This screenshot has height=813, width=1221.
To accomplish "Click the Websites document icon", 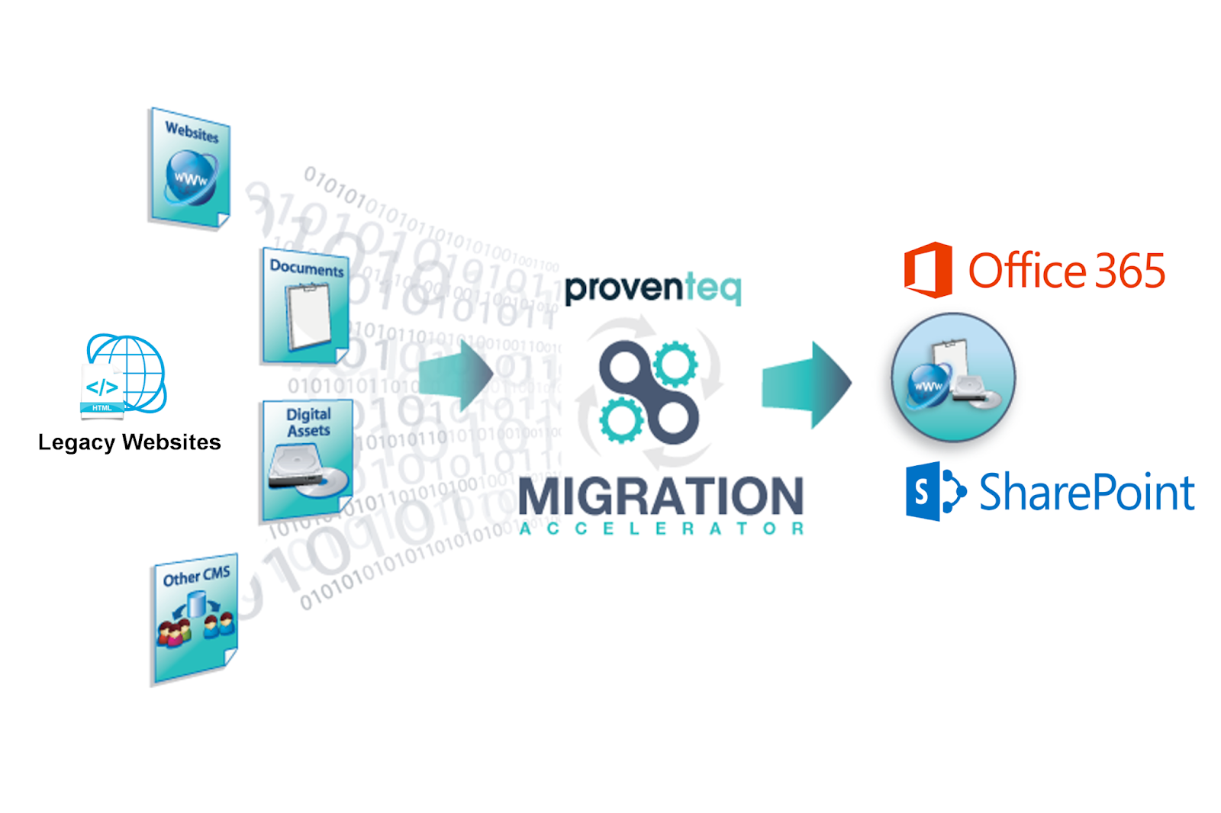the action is tap(189, 169).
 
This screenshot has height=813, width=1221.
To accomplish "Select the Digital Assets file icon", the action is tap(308, 459).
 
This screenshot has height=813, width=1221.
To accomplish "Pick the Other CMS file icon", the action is tap(195, 619).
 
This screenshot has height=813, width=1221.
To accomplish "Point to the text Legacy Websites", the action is tap(130, 442).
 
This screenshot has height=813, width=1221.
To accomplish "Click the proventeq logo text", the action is tap(652, 288).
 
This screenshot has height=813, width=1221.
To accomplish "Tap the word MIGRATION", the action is tap(661, 496).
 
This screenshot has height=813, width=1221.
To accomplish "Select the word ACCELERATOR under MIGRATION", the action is tap(661, 529).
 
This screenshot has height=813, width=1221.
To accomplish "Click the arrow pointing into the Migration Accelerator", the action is tap(456, 374).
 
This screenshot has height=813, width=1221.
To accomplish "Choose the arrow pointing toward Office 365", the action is tap(807, 384).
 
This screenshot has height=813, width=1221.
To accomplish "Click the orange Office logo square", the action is tap(928, 270).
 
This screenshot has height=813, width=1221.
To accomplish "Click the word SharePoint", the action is tap(1087, 492).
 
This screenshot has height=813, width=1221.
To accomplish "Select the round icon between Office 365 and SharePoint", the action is tap(953, 377).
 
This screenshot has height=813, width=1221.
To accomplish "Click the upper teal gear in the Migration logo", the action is tap(675, 364).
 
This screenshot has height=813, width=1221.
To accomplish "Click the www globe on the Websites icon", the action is tap(191, 178).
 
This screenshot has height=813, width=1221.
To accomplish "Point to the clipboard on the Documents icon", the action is tap(309, 315).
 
